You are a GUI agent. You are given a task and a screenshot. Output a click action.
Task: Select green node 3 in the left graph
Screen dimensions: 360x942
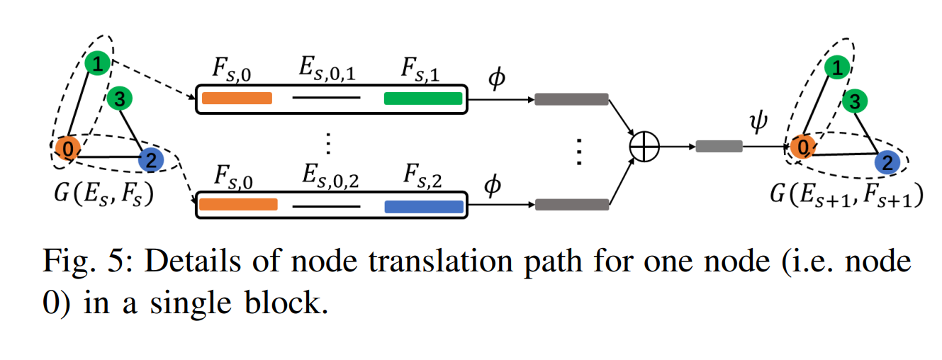[118, 100]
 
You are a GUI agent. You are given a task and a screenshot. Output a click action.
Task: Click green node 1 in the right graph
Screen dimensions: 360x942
[837, 68]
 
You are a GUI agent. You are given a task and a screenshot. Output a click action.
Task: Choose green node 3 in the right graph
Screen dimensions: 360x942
[856, 102]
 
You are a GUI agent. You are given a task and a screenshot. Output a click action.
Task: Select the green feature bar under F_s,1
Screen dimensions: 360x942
[422, 99]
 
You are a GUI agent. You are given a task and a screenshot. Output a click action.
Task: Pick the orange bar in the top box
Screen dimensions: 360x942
[237, 99]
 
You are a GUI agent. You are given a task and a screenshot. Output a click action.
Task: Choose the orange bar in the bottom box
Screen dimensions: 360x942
[238, 205]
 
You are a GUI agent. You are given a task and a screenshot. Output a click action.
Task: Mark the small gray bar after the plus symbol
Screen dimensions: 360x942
[719, 147]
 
